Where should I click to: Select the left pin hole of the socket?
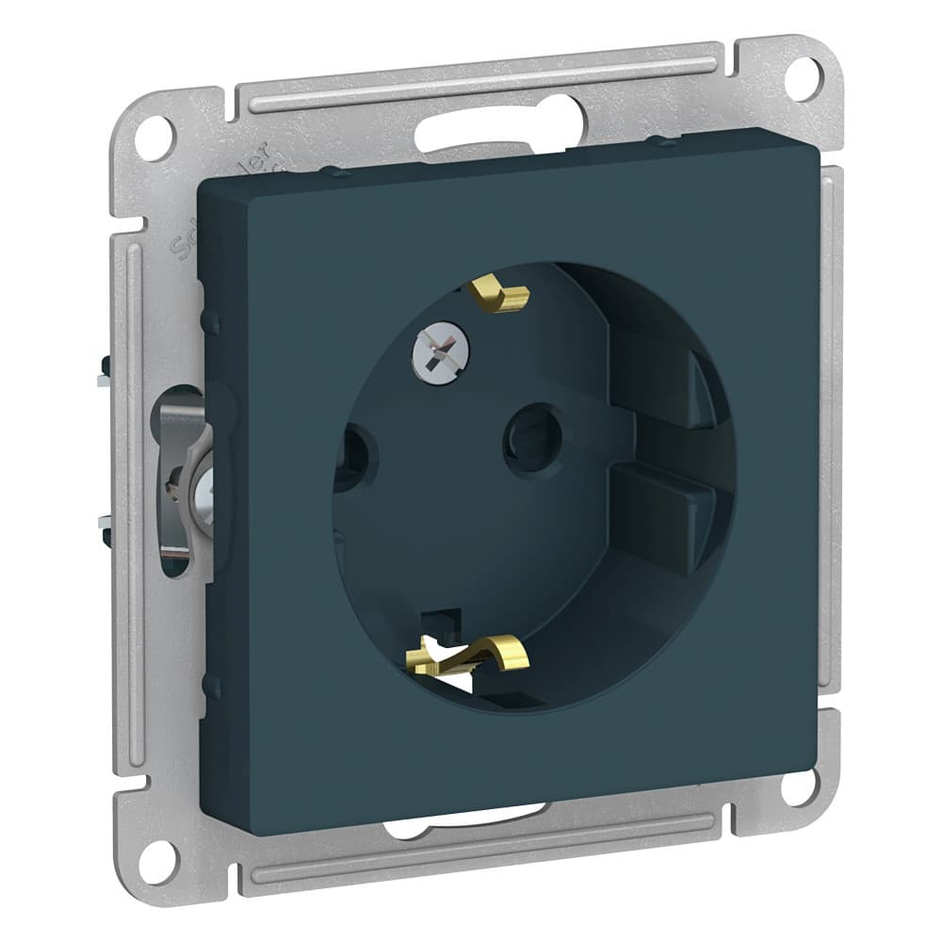point(354,457)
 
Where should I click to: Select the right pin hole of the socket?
point(532,435)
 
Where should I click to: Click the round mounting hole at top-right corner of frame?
point(803,78)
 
